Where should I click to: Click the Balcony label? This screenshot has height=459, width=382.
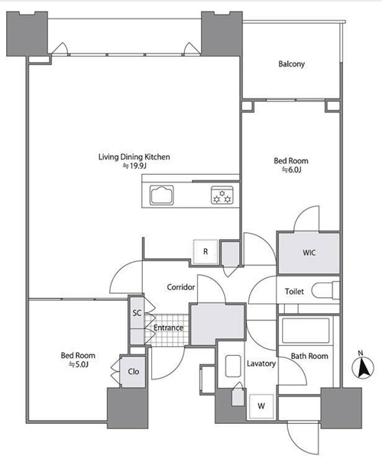point(292,64)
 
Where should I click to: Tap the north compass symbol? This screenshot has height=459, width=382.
point(363,365)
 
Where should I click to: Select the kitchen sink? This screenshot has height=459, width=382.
point(162,195)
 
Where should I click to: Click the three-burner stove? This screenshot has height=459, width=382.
point(222,195)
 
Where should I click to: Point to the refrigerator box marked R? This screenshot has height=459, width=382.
point(206,251)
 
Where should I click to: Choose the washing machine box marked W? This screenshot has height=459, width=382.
point(261,406)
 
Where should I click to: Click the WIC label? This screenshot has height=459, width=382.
point(309,252)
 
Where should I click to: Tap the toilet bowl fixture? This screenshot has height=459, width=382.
point(325,290)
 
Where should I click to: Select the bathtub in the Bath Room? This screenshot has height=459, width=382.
point(306,330)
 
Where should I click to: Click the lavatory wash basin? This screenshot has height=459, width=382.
point(233,366)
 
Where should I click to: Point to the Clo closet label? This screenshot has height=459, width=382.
point(134,371)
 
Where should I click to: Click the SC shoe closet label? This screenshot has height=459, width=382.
point(137,313)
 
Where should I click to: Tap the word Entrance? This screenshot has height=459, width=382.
point(168,328)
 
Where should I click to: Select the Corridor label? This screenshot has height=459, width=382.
point(181,287)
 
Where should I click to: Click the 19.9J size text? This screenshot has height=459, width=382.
point(134,166)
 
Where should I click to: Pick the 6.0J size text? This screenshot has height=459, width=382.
point(292,170)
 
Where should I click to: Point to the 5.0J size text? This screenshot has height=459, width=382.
point(78,364)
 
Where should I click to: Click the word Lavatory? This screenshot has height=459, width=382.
point(261,364)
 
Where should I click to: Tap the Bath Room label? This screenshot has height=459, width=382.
point(309,356)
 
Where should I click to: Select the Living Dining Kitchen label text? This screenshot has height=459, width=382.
point(134,157)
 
